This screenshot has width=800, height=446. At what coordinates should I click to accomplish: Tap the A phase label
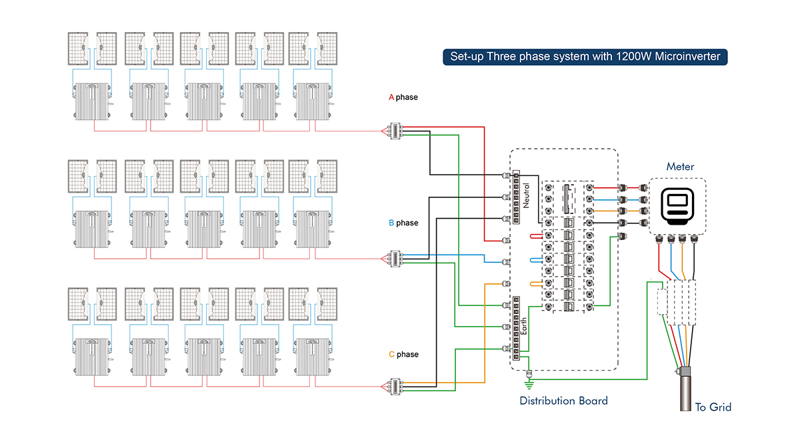click(x=403, y=97)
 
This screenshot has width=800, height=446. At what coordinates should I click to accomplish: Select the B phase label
click(x=403, y=223)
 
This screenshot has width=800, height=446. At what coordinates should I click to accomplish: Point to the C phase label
click(x=403, y=354)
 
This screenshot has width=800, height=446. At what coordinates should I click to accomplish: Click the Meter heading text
click(x=680, y=167)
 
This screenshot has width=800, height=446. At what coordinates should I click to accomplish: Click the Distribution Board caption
click(x=563, y=401)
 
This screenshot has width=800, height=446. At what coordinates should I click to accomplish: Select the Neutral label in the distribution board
click(x=526, y=196)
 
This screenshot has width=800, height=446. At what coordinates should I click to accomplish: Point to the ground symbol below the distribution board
click(x=529, y=382)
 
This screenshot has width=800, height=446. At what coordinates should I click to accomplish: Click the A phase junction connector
click(x=395, y=131)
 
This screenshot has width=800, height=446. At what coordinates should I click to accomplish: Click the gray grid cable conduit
click(x=685, y=397)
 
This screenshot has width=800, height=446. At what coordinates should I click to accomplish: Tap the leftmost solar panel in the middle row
click(x=78, y=177)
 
